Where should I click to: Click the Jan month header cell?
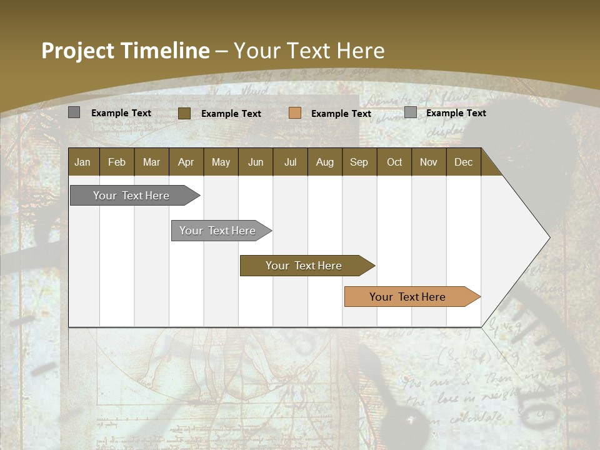(83, 162)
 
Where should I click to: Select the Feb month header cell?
(117, 162)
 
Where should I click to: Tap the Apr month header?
(186, 162)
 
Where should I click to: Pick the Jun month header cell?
(256, 162)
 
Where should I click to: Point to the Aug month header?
(325, 162)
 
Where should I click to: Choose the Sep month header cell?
(359, 162)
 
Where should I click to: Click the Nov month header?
(429, 162)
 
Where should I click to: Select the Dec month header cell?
(464, 162)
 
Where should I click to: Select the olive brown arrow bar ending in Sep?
(304, 266)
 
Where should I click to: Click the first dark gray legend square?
(74, 112)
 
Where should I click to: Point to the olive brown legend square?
(184, 113)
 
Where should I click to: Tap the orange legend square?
(295, 113)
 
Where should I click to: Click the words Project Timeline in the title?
(125, 51)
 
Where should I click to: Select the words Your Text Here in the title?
(309, 51)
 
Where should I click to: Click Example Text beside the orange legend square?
(341, 114)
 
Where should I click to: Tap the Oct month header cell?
(394, 162)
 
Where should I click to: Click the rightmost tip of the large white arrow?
(549, 237)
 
